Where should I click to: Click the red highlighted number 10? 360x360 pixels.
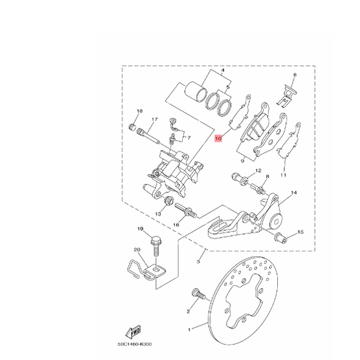pos(218,139)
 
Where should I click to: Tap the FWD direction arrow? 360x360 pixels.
pos(133,331)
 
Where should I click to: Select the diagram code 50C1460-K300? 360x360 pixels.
pos(135,344)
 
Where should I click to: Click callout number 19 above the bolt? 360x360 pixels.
pos(140,229)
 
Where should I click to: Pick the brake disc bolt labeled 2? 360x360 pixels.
pos(199,294)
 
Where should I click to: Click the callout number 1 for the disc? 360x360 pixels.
pos(189,330)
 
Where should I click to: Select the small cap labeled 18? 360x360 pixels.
pos(133,127)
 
